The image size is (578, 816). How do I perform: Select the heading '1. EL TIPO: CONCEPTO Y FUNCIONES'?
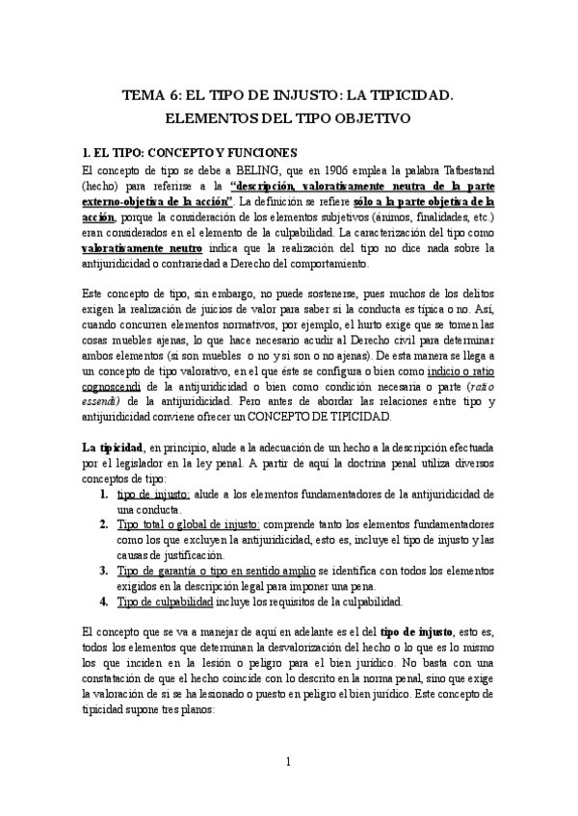[x=191, y=152]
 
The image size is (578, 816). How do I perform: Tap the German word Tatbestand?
[x=464, y=170]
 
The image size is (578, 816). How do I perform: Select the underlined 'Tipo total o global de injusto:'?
[x=188, y=525]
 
